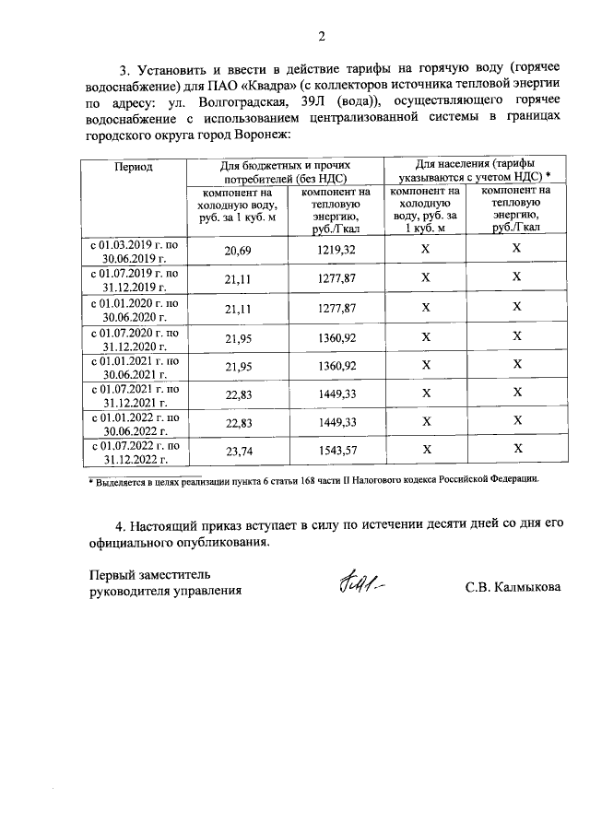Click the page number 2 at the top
click(322, 37)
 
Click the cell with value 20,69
click(238, 250)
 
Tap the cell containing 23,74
click(238, 450)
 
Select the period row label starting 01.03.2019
click(133, 250)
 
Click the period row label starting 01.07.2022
click(133, 450)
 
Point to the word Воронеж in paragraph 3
click(259, 135)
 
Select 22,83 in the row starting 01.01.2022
click(238, 421)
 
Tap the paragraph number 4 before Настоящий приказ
click(120, 525)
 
